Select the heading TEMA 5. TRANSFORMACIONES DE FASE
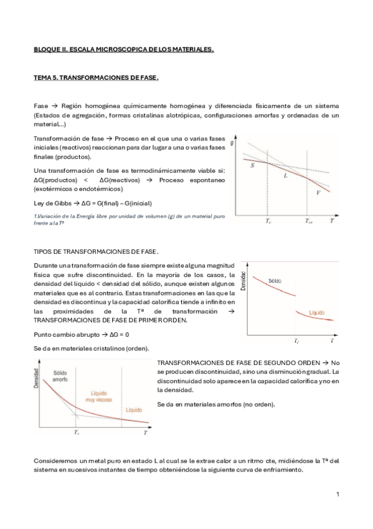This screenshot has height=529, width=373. [96, 78]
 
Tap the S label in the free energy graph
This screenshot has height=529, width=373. [252, 167]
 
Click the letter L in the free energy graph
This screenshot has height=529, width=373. [285, 176]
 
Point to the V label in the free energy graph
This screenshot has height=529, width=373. [318, 192]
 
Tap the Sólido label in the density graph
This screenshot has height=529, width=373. [275, 281]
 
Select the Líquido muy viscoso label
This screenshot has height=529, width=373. [101, 397]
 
